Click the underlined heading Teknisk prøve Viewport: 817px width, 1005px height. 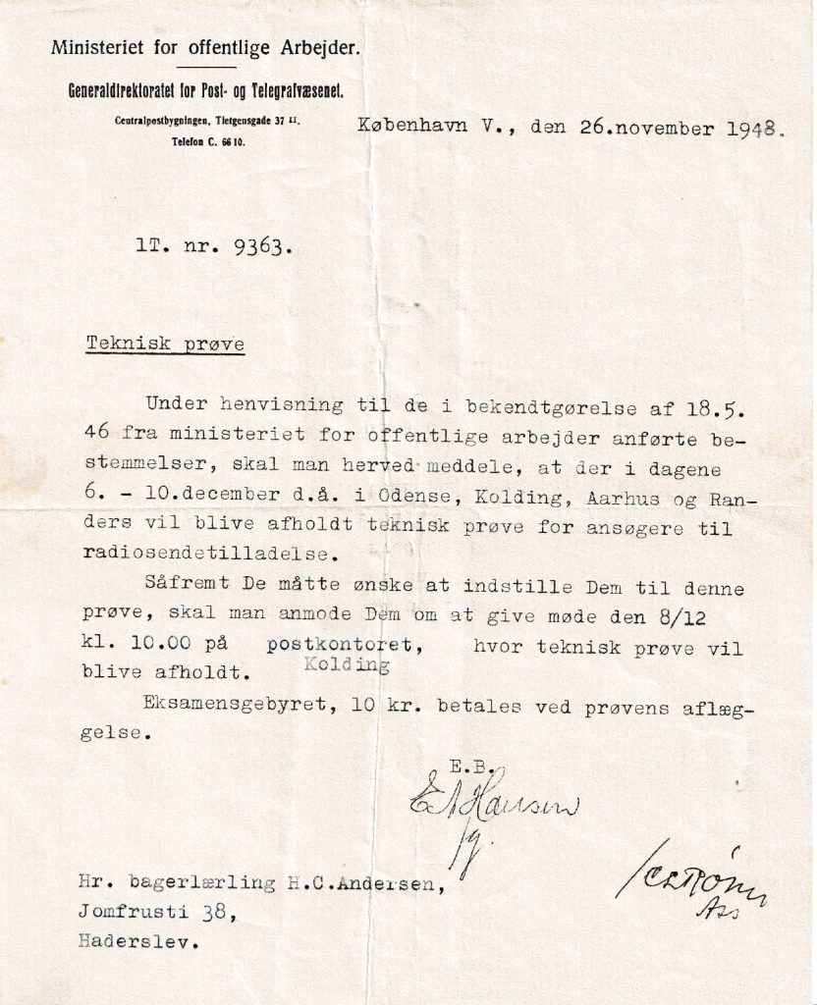point(165,344)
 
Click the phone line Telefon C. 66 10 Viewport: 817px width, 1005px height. point(208,142)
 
